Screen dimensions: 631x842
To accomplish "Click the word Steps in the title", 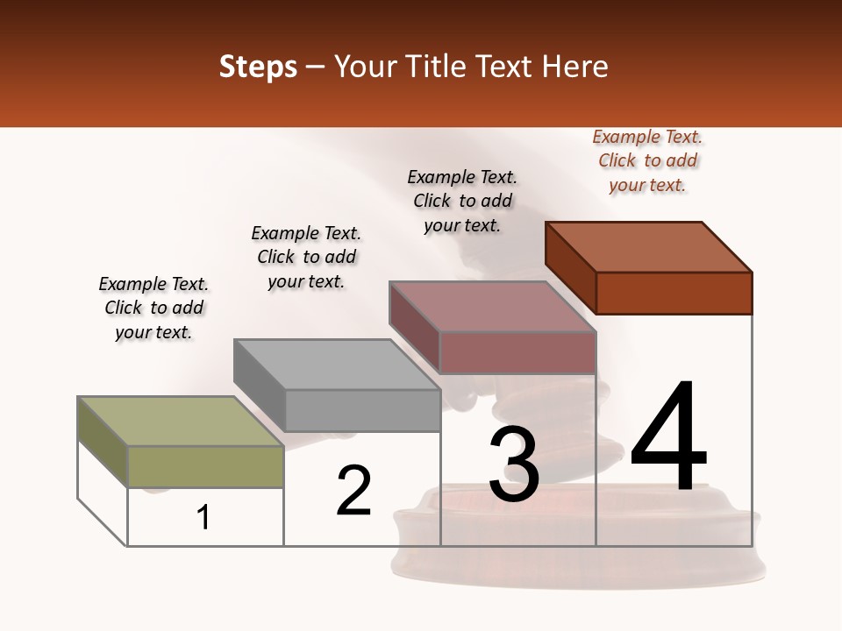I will tap(258, 67).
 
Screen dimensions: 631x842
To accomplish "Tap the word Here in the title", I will tap(575, 67).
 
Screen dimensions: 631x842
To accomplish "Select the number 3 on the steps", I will tap(514, 464).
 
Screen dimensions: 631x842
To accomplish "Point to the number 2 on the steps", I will tap(353, 491).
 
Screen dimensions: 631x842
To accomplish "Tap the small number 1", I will tap(203, 517).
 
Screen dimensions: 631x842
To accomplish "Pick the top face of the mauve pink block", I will tap(492, 306).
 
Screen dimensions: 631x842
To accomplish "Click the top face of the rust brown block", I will tap(649, 246).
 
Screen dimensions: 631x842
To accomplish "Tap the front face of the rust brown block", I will tap(674, 293).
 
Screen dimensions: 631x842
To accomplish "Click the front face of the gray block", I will tap(362, 410).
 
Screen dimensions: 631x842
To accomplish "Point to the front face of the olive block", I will tap(205, 466).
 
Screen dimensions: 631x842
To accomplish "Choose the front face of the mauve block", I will tap(517, 352).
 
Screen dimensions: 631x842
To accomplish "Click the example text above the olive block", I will tap(153, 308).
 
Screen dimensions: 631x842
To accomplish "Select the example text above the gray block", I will tap(306, 257).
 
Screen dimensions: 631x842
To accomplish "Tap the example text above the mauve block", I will tap(462, 201).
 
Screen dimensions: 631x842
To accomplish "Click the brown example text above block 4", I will tap(647, 160).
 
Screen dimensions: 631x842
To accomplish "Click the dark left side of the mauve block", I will tap(414, 325).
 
